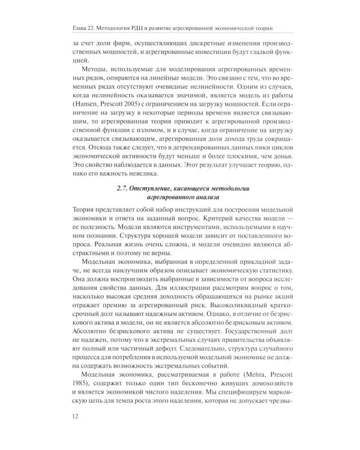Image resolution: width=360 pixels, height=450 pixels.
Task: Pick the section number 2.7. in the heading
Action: (125, 190)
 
